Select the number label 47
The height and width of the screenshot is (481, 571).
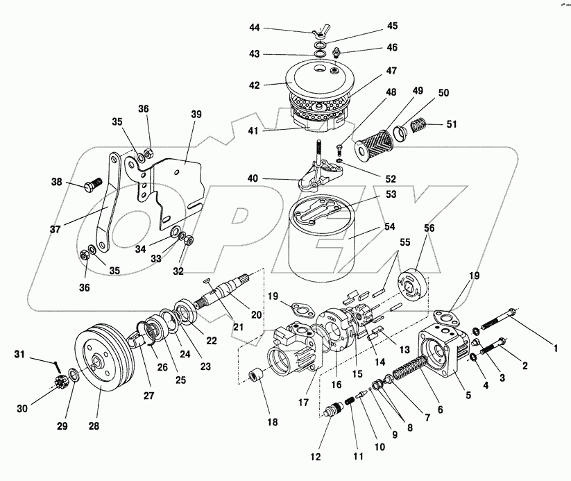pyautogui.click(x=391, y=71)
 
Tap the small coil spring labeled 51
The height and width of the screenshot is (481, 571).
pyautogui.click(x=418, y=126)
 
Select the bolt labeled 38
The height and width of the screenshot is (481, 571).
pyautogui.click(x=94, y=184)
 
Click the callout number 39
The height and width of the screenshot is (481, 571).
pyautogui.click(x=196, y=114)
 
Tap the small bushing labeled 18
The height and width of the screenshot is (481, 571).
pyautogui.click(x=257, y=375)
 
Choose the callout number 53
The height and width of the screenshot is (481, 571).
pyautogui.click(x=391, y=194)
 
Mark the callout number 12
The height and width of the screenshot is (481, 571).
pyautogui.click(x=316, y=457)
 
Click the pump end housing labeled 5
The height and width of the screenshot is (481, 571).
pyautogui.click(x=441, y=347)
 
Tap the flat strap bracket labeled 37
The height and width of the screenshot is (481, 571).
pyautogui.click(x=106, y=203)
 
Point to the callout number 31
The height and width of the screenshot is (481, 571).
pyautogui.click(x=19, y=354)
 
